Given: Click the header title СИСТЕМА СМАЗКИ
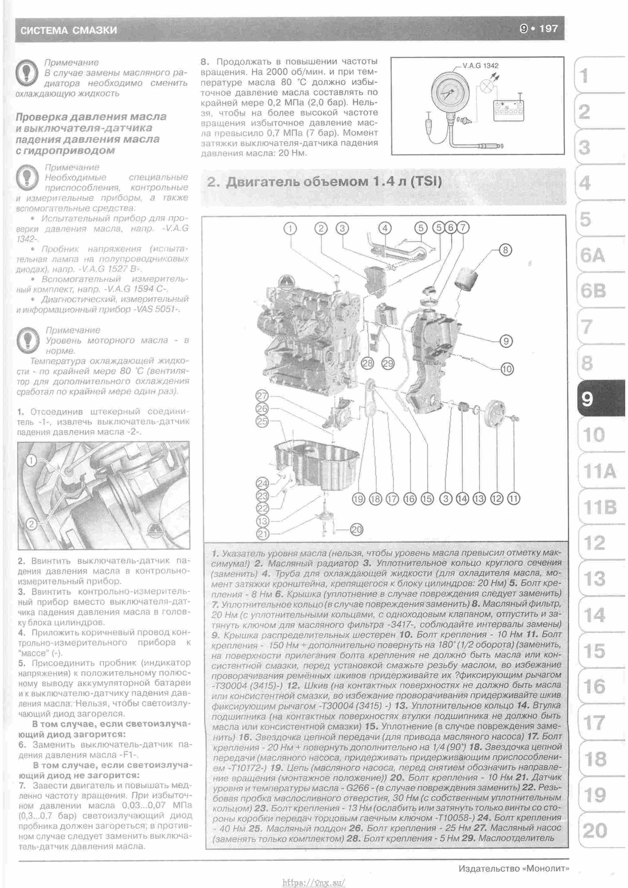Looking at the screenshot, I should (x=68, y=30).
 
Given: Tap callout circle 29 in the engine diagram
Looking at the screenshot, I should (x=387, y=363).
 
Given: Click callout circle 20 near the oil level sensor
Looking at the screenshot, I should (x=356, y=529).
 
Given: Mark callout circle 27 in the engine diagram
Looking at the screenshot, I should (x=262, y=396).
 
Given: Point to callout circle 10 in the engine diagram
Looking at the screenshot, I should (x=506, y=369).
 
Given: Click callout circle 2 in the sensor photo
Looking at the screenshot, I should (x=31, y=525).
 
